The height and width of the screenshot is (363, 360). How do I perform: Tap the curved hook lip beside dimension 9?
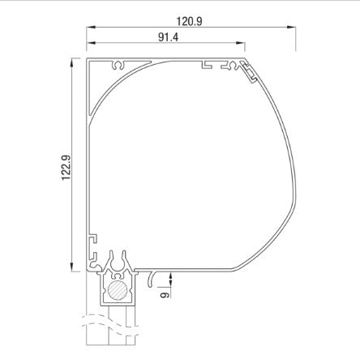pyautogui.click(x=153, y=280)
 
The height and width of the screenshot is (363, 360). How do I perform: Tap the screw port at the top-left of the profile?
pyautogui.click(x=122, y=63)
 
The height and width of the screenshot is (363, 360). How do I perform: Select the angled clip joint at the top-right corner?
pyautogui.click(x=251, y=72)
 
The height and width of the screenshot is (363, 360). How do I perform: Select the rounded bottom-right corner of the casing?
pyautogui.click(x=243, y=265)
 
